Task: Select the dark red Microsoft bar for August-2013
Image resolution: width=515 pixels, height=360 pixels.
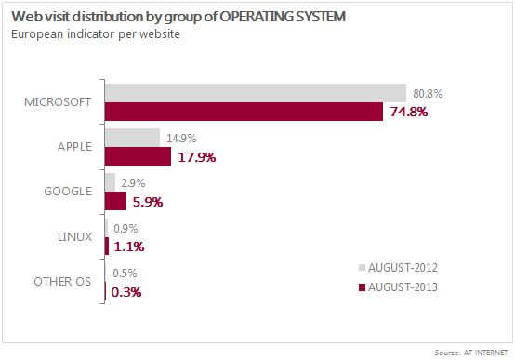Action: tap(244, 112)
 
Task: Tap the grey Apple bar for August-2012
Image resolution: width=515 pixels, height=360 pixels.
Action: tap(133, 138)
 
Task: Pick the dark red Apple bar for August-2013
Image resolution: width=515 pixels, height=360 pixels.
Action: tap(138, 156)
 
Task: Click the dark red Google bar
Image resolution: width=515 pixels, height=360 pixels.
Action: tap(115, 201)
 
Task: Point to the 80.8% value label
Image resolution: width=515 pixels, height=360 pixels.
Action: tap(426, 93)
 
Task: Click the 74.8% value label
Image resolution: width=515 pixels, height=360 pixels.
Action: tap(408, 112)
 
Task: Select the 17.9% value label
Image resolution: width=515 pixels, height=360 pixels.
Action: tap(196, 157)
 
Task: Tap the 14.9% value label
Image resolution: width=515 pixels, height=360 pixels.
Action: tap(180, 138)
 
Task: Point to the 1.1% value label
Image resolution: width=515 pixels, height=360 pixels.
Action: tap(128, 247)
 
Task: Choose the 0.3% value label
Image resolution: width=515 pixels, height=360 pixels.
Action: tap(126, 291)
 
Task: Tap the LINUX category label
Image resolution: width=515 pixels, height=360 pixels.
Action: tap(74, 236)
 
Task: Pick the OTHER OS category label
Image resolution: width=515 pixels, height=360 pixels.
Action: tap(63, 282)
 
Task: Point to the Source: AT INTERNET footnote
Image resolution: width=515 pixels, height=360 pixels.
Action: tap(470, 353)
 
